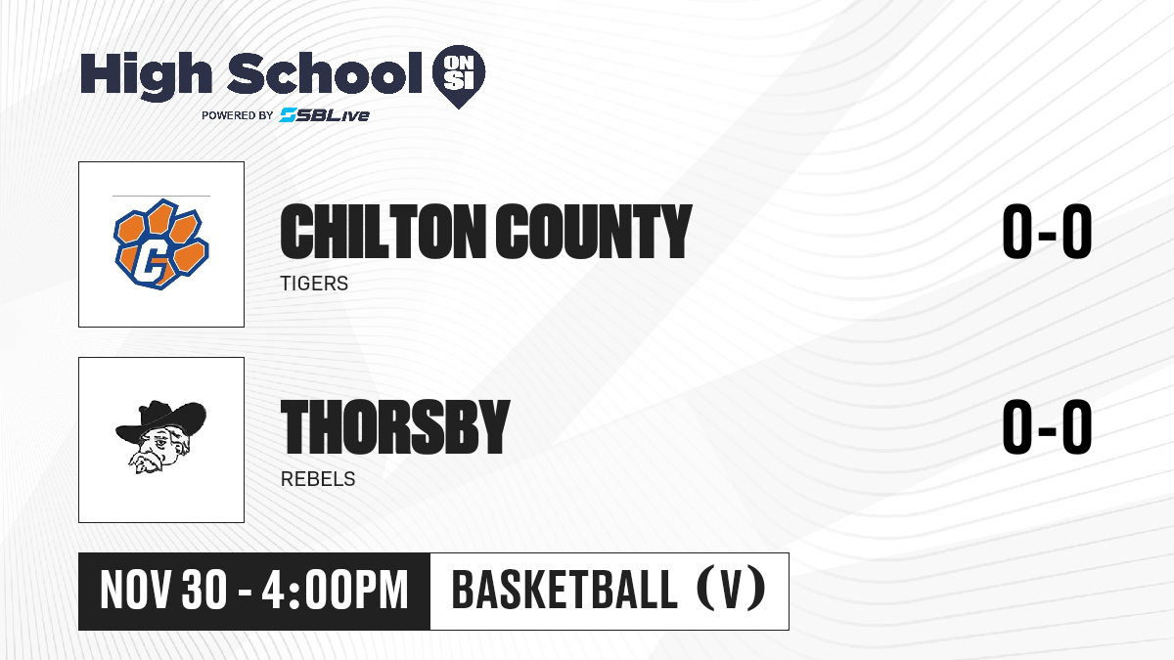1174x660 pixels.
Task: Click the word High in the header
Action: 146,75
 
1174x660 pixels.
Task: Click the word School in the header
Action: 325,73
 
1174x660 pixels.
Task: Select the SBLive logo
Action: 325,114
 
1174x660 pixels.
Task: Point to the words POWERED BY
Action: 238,115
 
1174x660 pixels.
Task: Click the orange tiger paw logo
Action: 161,244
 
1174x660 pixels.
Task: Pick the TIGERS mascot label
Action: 314,284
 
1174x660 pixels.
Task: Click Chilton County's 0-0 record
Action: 1047,232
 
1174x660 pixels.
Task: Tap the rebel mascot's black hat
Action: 161,420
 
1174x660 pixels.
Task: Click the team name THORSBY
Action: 395,426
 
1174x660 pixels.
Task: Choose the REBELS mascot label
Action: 318,479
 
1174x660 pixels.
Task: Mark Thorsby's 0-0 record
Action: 1047,426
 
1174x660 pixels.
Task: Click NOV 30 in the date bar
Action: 163,591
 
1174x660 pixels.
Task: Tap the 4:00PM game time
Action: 335,591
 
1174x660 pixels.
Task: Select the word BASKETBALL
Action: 564,591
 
